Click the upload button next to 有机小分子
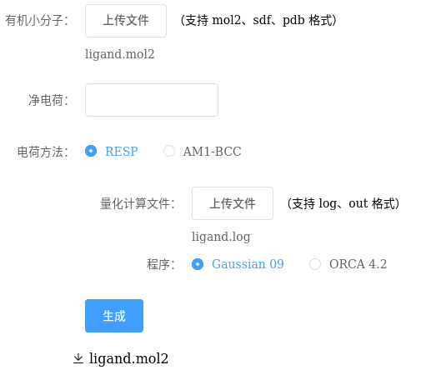[126, 21]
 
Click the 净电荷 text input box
[152, 100]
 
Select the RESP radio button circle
[91, 151]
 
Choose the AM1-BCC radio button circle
[169, 151]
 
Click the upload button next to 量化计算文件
[233, 203]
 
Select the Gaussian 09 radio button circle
[198, 264]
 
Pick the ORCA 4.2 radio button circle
[315, 264]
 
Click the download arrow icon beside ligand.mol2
[78, 358]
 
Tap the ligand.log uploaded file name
[221, 237]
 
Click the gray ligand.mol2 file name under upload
[120, 54]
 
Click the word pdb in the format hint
[293, 21]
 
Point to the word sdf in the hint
[262, 20]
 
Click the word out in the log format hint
[358, 203]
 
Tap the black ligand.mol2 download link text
[128, 358]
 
